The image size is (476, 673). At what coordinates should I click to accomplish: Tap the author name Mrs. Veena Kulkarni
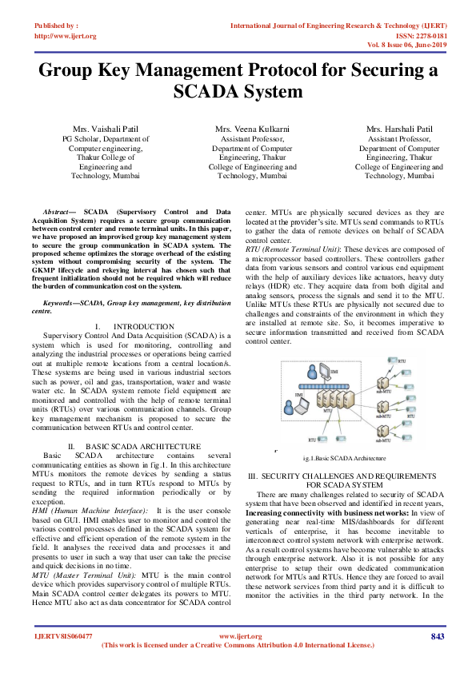point(252,129)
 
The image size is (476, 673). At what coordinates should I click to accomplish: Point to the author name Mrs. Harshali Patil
point(399,129)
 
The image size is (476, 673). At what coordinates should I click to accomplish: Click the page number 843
point(437,636)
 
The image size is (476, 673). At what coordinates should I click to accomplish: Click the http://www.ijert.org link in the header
point(66,36)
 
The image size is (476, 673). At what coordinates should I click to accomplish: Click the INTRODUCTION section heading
point(144,327)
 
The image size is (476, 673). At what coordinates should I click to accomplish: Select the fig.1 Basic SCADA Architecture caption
point(345,458)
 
